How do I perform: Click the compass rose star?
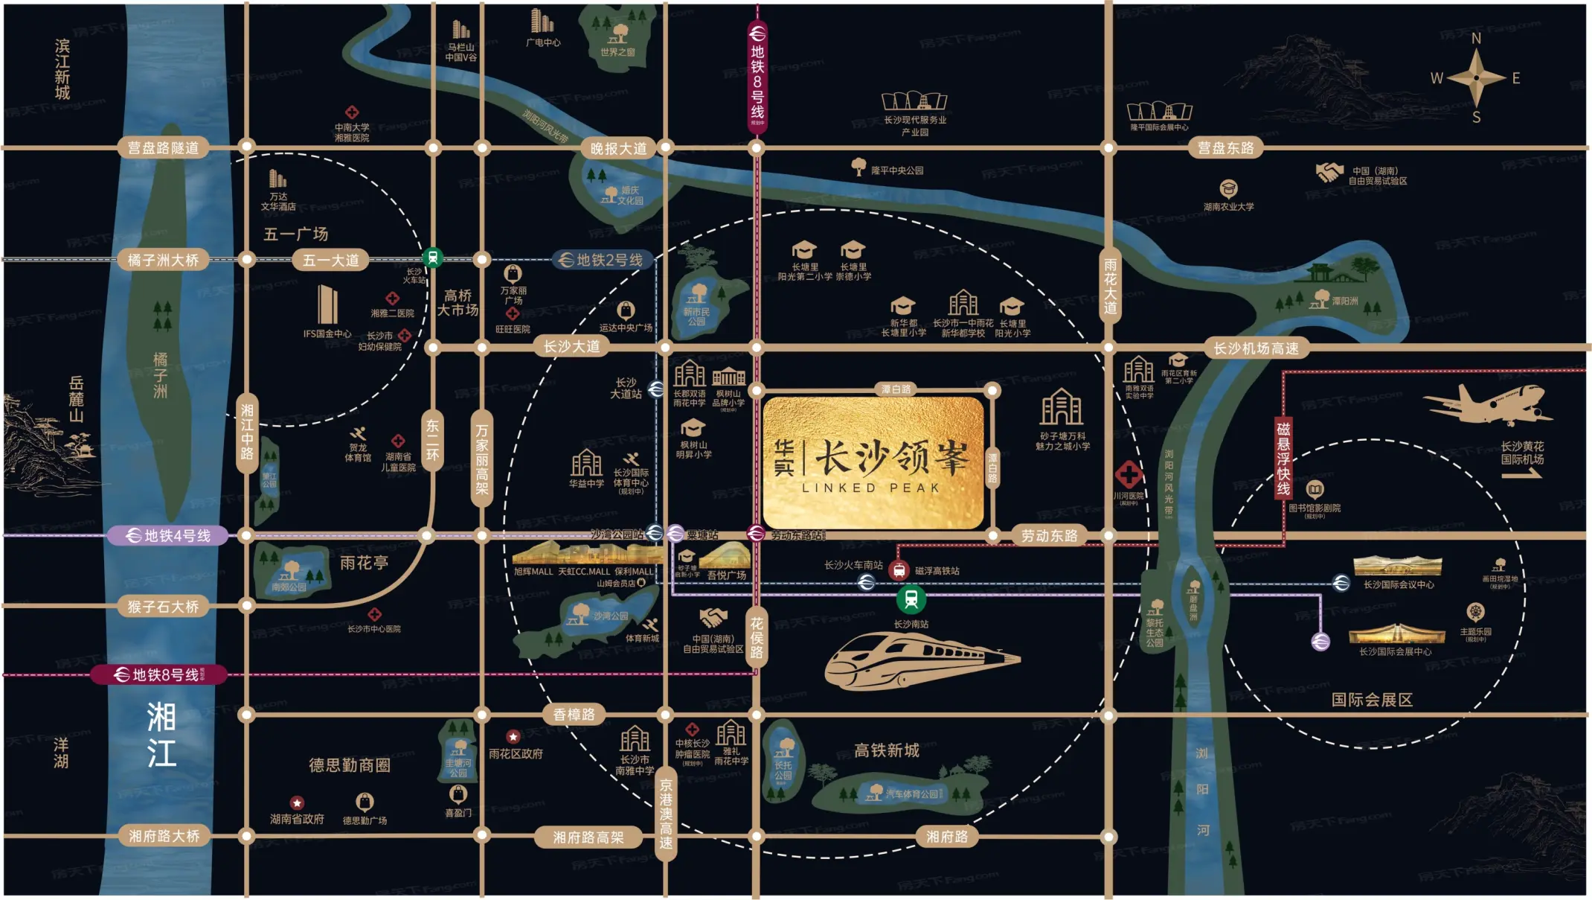tap(1477, 77)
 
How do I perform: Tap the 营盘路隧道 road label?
tap(163, 148)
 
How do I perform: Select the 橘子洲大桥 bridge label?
tap(163, 260)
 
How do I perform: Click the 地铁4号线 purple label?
tap(168, 535)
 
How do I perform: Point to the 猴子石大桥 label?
tap(163, 607)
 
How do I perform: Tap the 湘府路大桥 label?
tap(164, 836)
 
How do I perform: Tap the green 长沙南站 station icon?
tap(911, 599)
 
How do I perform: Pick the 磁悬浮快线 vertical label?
tap(1283, 458)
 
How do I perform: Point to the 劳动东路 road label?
tap(1049, 535)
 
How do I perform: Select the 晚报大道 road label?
tap(618, 149)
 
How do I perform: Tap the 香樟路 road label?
tap(574, 715)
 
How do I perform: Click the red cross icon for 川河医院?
tap(1129, 474)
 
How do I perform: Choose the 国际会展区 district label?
tap(1371, 700)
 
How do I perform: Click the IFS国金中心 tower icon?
tap(327, 304)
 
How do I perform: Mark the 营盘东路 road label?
tap(1225, 148)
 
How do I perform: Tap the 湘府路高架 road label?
tap(588, 837)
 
